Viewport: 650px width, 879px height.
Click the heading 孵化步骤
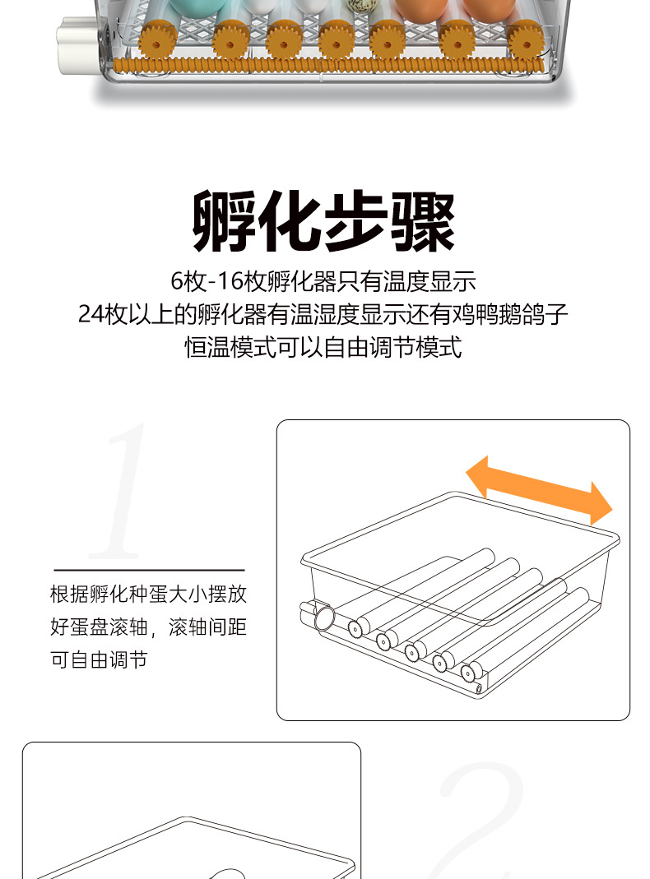(323, 221)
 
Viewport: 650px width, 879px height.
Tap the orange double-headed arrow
(539, 491)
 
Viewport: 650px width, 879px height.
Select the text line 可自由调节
(99, 659)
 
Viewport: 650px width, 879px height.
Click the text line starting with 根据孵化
(148, 594)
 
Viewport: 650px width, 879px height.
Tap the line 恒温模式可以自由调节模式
(323, 347)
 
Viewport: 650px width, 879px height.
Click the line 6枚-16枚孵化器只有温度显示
(323, 281)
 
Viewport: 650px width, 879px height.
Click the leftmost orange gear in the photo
(158, 40)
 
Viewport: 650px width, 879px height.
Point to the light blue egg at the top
(197, 7)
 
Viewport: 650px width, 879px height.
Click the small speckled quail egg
(359, 6)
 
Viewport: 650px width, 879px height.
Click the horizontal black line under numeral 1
(149, 570)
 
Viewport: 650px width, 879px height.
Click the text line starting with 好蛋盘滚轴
(148, 627)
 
